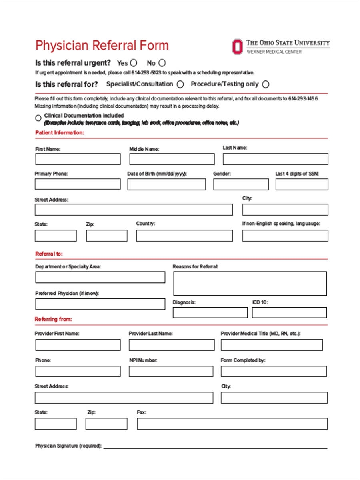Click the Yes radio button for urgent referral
134,63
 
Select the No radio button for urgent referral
162,63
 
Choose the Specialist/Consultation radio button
180,84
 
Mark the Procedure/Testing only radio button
266,84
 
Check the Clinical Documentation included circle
38,118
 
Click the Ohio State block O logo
237,46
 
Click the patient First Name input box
78,159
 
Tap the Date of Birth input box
166,184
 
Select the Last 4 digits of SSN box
302,184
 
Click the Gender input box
241,184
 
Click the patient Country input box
184,236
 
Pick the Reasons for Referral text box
250,284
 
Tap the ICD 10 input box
289,312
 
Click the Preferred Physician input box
100,304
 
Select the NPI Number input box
171,371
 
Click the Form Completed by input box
274,371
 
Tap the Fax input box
232,424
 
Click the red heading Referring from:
53,319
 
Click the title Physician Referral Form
102,45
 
